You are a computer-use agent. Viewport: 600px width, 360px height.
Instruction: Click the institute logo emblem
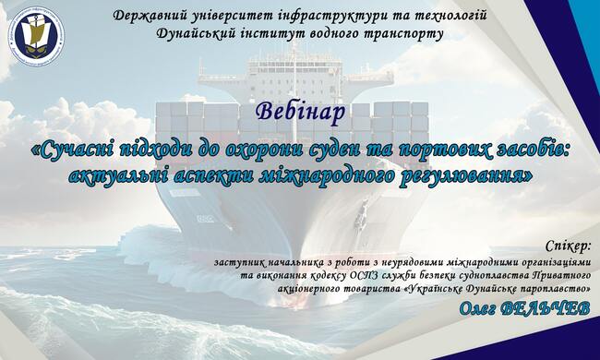click(36, 37)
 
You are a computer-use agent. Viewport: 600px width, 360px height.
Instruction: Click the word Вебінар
click(300, 112)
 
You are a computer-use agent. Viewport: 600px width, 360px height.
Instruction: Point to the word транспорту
click(402, 34)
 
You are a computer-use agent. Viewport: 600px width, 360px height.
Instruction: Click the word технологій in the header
click(450, 16)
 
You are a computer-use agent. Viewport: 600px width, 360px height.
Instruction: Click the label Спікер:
click(568, 246)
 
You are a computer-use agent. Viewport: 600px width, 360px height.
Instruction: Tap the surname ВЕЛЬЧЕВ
click(545, 308)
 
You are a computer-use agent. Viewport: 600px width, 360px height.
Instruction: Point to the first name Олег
click(477, 308)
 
